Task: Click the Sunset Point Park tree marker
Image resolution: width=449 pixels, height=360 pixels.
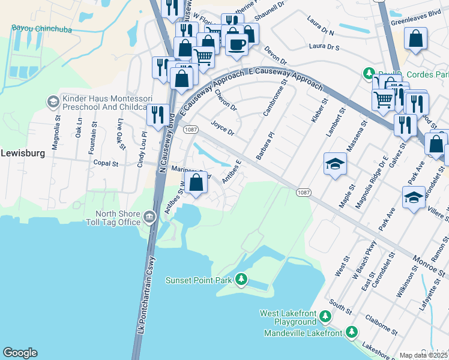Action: [241, 279]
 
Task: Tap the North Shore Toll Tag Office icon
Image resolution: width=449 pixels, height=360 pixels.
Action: [150, 215]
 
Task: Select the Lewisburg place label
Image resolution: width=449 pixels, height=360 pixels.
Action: [23, 153]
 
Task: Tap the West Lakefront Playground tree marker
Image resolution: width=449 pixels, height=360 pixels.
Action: [325, 316]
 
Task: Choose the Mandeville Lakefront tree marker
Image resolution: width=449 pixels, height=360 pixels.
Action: [351, 332]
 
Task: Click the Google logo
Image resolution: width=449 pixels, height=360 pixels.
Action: [20, 353]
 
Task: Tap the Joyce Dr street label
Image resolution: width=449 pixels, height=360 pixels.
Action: [221, 127]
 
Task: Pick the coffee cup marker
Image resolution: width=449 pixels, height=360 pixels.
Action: [237, 43]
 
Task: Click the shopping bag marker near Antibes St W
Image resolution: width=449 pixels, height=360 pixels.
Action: [196, 182]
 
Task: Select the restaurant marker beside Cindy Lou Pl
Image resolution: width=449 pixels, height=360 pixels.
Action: [158, 114]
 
